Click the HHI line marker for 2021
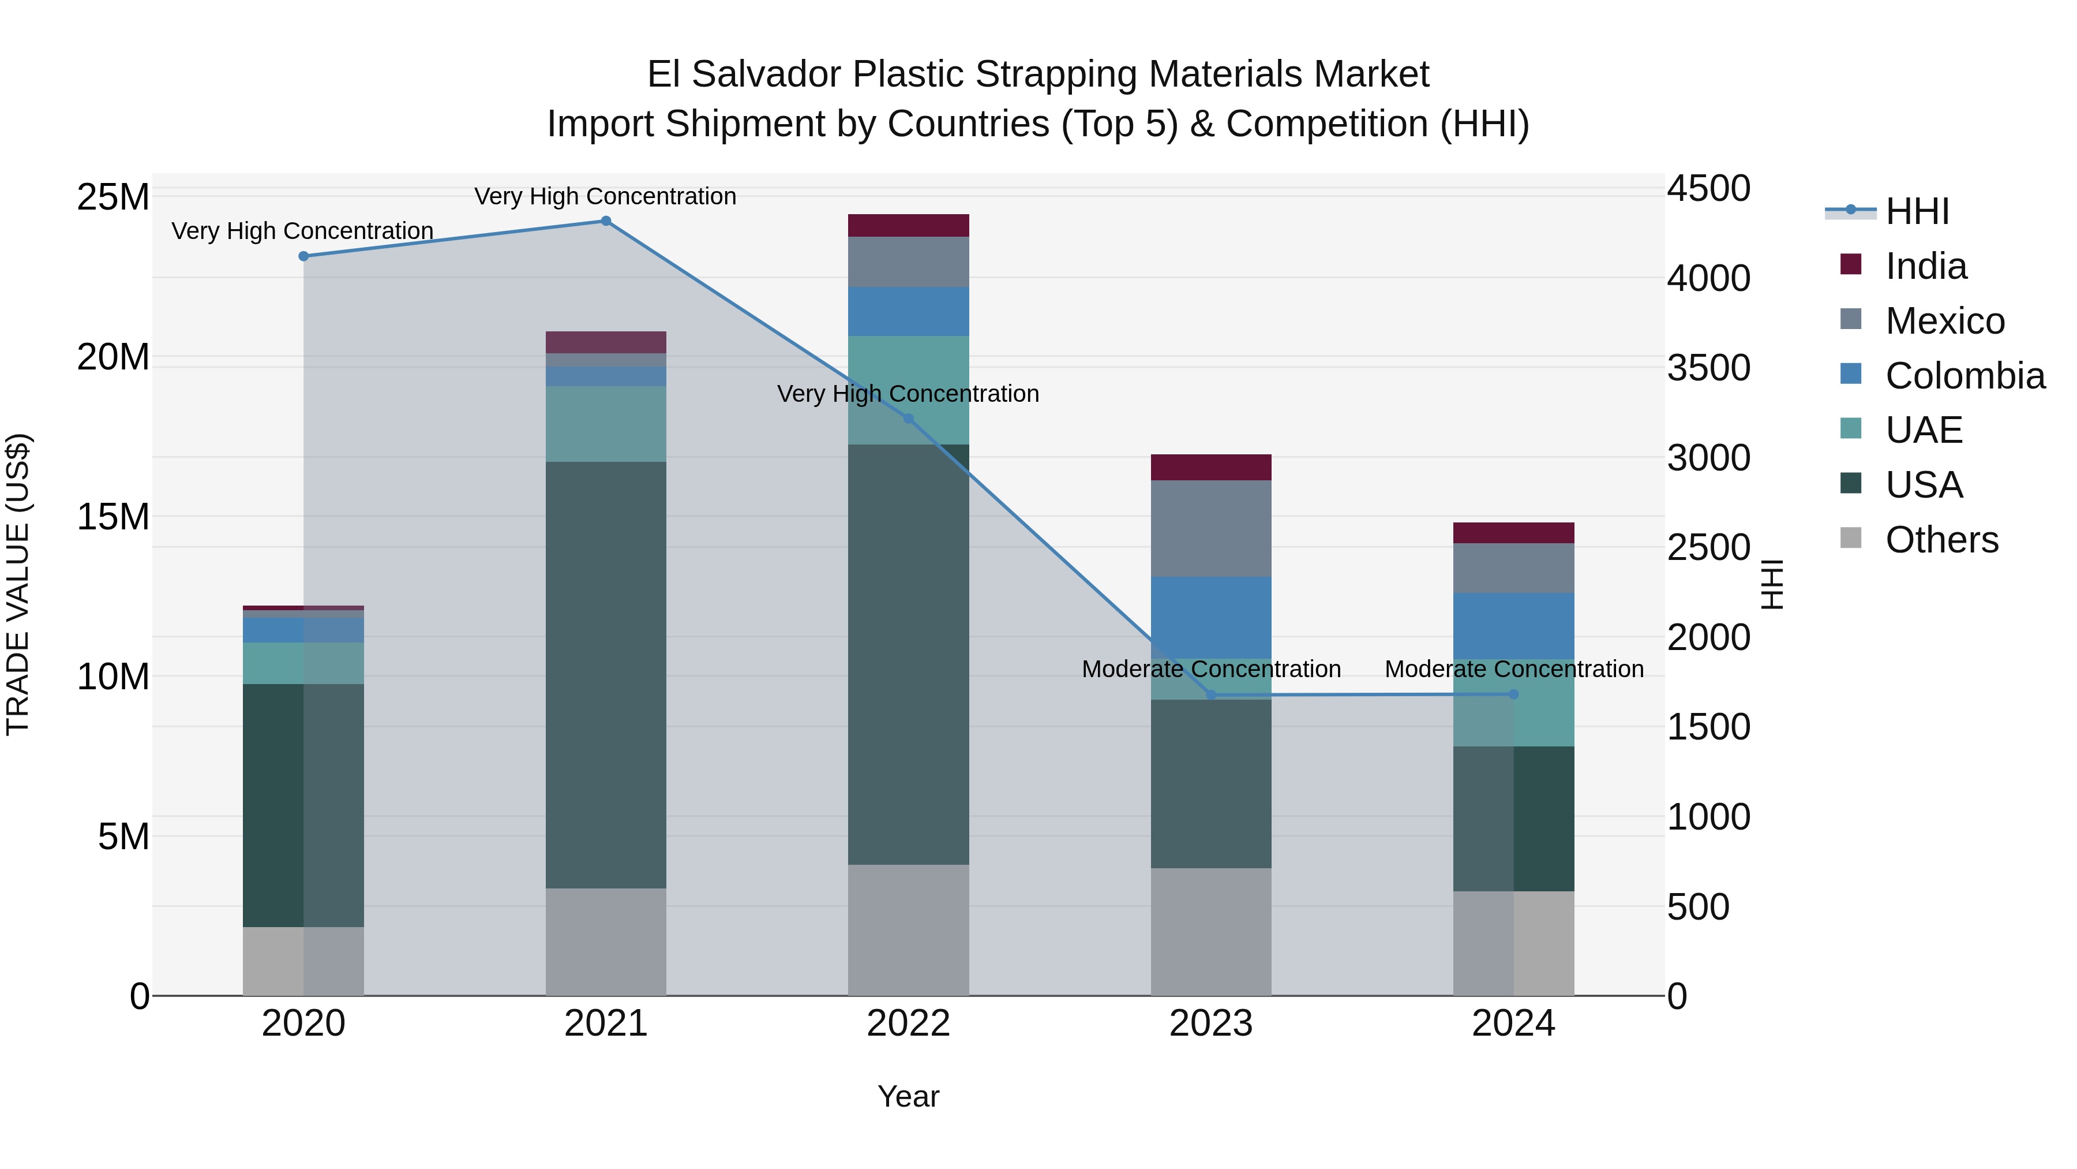[606, 221]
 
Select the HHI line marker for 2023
[1210, 694]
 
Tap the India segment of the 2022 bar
[908, 226]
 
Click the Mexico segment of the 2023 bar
[1210, 528]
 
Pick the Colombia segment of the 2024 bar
[1513, 626]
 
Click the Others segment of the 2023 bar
[1210, 931]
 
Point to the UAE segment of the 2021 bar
[606, 424]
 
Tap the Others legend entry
[1941, 540]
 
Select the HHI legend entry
[1917, 211]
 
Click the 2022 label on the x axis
[908, 1024]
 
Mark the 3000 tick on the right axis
[1708, 458]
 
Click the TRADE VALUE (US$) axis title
[18, 584]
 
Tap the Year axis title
[908, 1096]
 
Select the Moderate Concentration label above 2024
[1513, 669]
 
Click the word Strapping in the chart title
[1060, 74]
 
